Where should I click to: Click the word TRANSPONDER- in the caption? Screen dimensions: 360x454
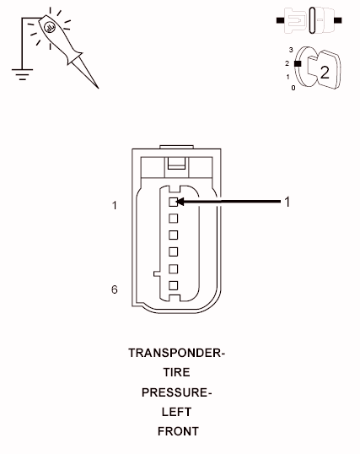tap(176, 353)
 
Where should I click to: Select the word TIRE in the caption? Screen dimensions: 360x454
tap(176, 372)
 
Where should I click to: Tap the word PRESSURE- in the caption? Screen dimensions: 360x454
tap(176, 392)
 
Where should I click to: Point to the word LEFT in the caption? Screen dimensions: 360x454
tap(176, 412)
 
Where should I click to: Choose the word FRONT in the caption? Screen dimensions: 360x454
tap(178, 431)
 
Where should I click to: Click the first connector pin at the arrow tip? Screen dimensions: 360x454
tap(173, 202)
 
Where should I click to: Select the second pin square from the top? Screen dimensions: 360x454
tap(173, 219)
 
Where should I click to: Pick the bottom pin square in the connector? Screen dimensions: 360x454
tap(173, 285)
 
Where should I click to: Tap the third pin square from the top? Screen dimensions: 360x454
tap(173, 235)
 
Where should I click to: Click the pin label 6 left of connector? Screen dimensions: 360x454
tap(115, 289)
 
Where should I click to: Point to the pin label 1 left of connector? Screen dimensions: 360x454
tap(115, 206)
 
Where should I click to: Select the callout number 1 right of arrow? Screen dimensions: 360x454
tap(287, 202)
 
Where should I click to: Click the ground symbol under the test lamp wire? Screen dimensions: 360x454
tap(22, 74)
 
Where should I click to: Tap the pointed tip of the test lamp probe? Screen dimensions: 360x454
tap(98, 88)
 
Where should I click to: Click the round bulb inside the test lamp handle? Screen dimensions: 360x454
tap(49, 28)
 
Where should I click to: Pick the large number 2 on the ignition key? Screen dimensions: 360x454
tap(325, 73)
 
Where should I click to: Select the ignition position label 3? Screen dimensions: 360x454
tap(291, 50)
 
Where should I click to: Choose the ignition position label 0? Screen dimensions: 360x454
tap(293, 88)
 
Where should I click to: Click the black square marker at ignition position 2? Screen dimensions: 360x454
tap(298, 63)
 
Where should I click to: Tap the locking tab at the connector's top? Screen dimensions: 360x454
tap(176, 163)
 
